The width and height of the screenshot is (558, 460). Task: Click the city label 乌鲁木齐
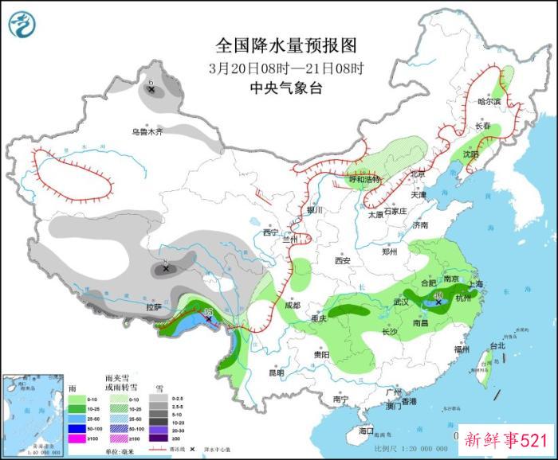point(147,131)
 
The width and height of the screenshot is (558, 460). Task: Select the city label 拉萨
point(154,306)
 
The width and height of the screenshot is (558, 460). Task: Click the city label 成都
point(291,305)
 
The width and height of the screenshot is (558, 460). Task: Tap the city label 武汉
point(402,303)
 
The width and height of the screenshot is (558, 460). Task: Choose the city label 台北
point(497,346)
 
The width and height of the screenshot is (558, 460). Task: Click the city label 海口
point(366,431)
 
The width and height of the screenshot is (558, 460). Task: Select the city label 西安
point(343,260)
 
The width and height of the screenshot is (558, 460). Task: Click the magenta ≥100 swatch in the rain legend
point(77,438)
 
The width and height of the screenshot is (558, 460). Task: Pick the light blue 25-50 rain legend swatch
point(77,418)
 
